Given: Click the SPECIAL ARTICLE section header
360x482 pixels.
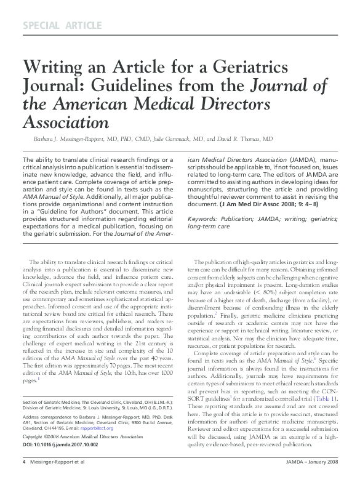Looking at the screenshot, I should click(x=62, y=25).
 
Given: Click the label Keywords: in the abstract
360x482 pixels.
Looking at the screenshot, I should click(x=203, y=219).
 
